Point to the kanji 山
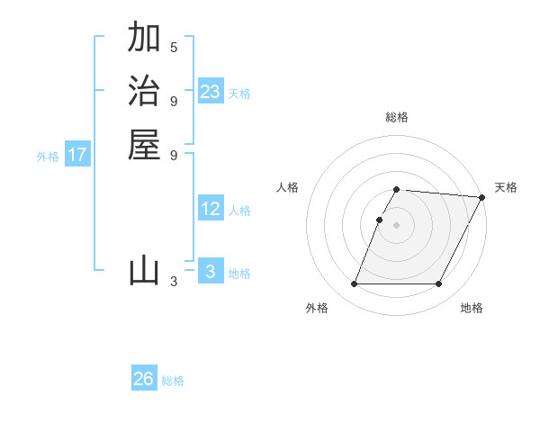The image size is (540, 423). point(144,270)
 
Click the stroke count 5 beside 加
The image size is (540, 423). point(174,47)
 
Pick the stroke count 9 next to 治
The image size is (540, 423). point(174,101)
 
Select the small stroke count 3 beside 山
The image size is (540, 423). point(174,282)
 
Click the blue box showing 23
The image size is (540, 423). point(211,92)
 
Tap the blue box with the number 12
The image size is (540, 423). point(211,209)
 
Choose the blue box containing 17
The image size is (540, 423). point(77,155)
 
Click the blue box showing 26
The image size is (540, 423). point(144,379)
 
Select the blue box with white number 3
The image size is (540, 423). point(211,272)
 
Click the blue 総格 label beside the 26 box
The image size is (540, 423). point(174,381)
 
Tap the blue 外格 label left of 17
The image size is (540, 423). point(48,157)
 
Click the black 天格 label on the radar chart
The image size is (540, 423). point(506,187)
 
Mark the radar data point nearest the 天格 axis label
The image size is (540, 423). point(482,197)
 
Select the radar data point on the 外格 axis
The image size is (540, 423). point(355,284)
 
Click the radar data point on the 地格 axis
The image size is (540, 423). point(439,284)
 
